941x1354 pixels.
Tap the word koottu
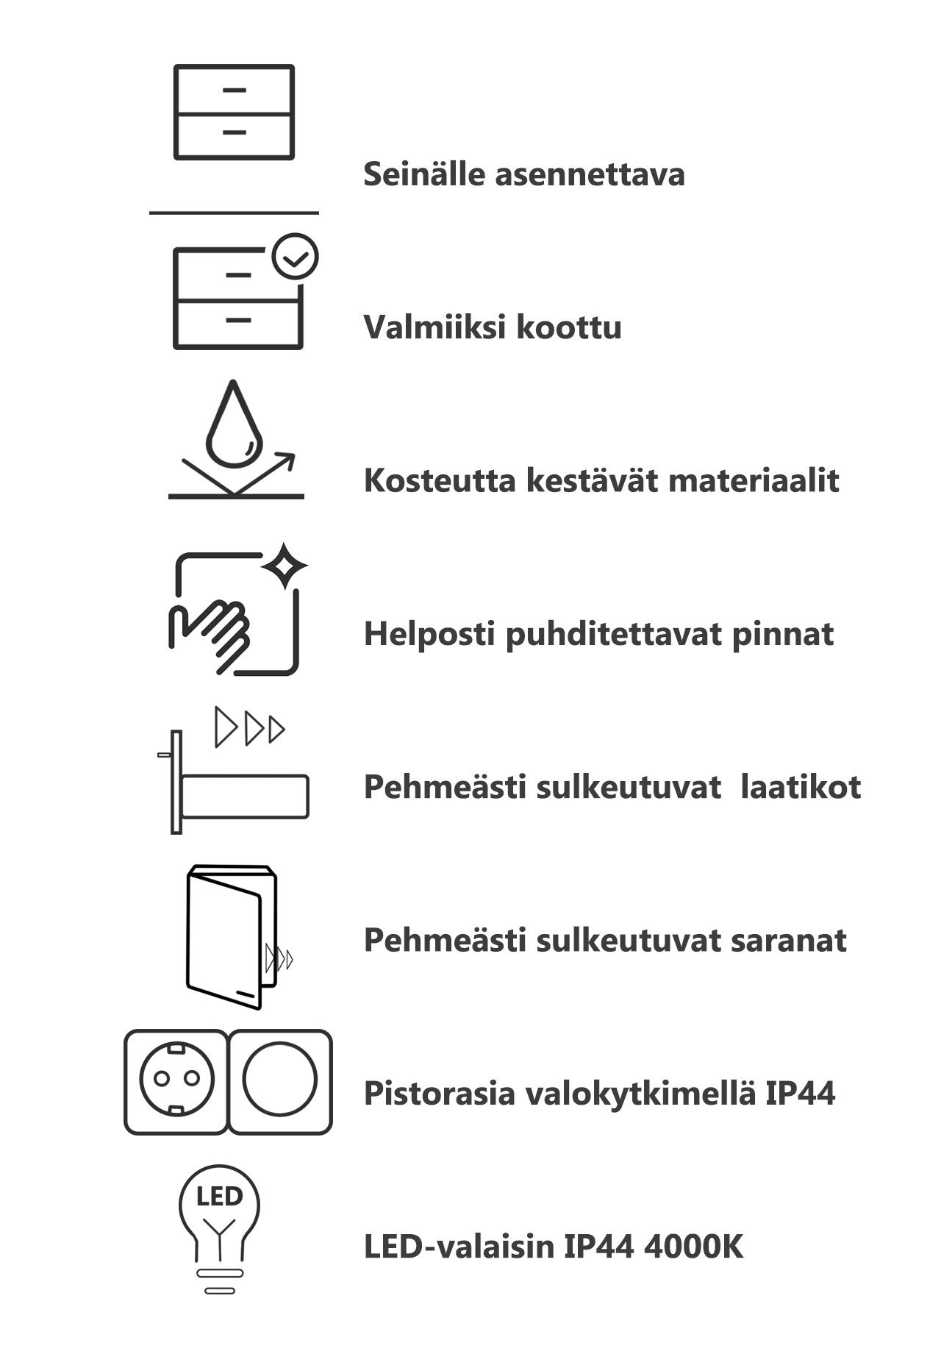[568, 328]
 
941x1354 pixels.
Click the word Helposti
[429, 634]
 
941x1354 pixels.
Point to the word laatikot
[801, 787]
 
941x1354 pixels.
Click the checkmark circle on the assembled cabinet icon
[295, 257]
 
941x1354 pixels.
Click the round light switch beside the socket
[280, 1080]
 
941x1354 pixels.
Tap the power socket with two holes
[176, 1080]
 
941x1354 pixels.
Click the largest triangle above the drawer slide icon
[226, 727]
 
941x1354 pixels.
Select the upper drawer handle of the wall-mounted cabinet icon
[234, 90]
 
